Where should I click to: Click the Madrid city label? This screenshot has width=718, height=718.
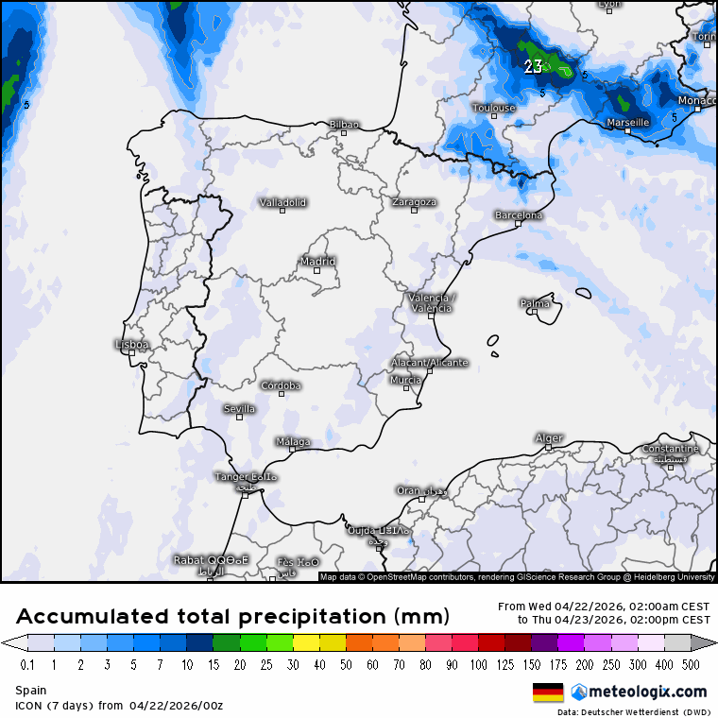coord(317,262)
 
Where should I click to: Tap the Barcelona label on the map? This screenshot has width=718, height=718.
coord(519,215)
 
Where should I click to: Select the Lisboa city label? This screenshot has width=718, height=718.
coord(131,345)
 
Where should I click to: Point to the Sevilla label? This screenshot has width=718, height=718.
coord(239,409)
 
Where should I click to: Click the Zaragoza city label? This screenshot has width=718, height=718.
coord(414,202)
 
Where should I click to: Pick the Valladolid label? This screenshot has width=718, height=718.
coord(283,202)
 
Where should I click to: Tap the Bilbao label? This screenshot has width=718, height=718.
coord(344,124)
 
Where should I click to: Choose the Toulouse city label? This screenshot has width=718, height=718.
coord(494,108)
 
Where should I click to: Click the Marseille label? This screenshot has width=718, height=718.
coord(627,123)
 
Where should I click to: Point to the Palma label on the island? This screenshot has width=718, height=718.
coord(535,303)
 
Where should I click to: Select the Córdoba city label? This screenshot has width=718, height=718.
coord(281,385)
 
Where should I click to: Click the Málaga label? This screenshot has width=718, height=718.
coord(293,441)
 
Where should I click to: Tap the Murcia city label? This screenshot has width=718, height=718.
coord(405,380)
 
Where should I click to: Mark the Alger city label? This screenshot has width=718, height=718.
coord(549,437)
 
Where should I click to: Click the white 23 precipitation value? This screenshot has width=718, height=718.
coord(533,66)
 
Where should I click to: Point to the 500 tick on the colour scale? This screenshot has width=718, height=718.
coord(691,665)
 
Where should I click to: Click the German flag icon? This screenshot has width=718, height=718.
coord(548,692)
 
